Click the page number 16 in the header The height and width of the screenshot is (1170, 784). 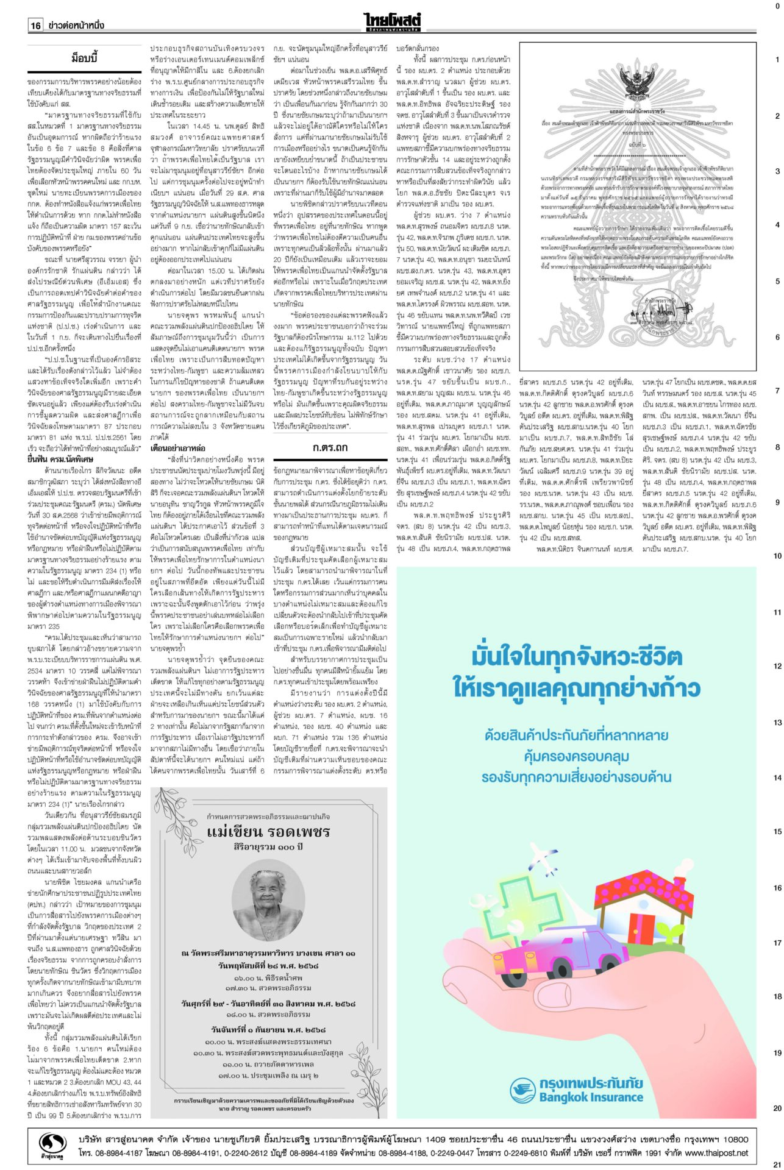tap(35, 25)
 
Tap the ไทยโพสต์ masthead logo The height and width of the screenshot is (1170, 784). tap(393, 21)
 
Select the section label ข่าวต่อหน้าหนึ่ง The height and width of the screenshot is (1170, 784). tap(76, 25)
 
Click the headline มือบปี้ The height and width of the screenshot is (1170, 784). tap(84, 58)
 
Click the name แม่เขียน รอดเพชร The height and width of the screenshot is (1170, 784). tap(268, 831)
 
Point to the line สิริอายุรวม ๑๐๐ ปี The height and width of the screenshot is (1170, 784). tap(268, 847)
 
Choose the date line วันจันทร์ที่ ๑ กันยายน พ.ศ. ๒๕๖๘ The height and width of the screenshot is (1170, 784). tap(268, 1029)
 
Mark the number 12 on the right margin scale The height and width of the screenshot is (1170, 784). tap(777, 666)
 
